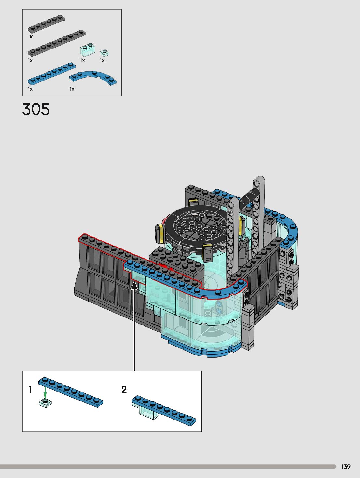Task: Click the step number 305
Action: coord(36,109)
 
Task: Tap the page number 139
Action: coord(346,467)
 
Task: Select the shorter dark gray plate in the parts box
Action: coord(46,24)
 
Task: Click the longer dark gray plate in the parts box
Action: coord(57,43)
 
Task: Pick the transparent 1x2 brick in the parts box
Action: coord(87,50)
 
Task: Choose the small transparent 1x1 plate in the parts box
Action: coord(104,53)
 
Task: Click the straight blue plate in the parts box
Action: coord(51,74)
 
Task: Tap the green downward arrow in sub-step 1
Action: coord(45,392)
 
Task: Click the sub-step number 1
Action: coord(30,389)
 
